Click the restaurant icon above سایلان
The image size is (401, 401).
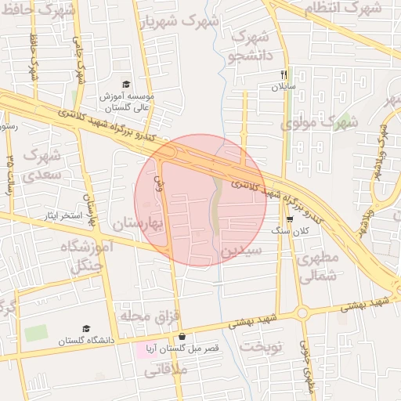(x=284, y=75)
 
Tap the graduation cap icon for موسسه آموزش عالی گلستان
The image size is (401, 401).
(x=127, y=85)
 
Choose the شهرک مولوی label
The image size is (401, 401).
(x=318, y=123)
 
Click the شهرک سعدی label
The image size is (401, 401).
(x=42, y=164)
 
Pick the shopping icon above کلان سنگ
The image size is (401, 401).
(x=290, y=219)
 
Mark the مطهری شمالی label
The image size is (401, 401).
(x=319, y=266)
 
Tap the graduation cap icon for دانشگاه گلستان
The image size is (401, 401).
(x=86, y=329)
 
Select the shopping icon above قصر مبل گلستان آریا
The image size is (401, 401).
(x=182, y=336)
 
